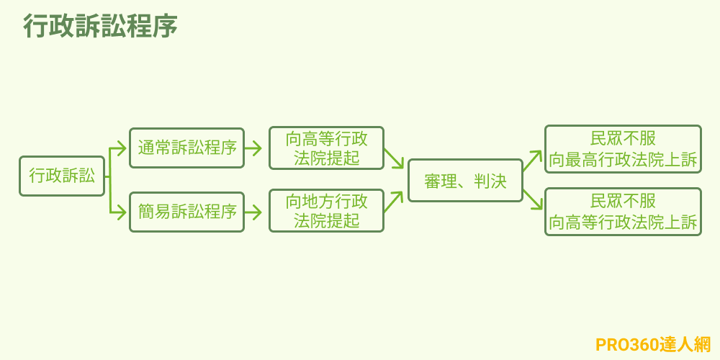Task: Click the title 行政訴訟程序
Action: tap(100, 27)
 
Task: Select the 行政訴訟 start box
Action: tap(62, 176)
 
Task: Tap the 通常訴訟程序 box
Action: tap(186, 148)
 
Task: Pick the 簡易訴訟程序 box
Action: tap(186, 212)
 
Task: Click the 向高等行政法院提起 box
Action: tap(326, 148)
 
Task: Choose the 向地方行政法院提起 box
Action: tap(326, 211)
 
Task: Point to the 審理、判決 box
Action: tap(465, 181)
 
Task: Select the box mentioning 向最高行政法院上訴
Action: tap(623, 149)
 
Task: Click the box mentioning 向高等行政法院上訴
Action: tap(623, 212)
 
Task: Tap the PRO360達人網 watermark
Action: tap(653, 344)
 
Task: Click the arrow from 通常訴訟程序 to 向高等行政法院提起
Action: tap(253, 148)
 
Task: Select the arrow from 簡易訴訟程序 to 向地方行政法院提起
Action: tap(253, 212)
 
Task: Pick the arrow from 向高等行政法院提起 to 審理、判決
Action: tap(394, 158)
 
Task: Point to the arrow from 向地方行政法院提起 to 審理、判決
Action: tap(393, 202)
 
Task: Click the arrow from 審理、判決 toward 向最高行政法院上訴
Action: tap(532, 161)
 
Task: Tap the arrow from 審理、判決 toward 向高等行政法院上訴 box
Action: tap(532, 199)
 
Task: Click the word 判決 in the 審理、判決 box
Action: tap(490, 181)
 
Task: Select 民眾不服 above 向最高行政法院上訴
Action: tap(623, 138)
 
